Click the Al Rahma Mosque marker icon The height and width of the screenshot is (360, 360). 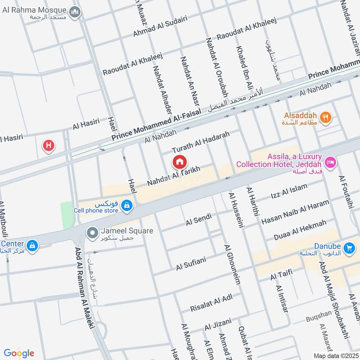(x=76, y=12)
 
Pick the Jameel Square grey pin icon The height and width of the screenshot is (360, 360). (x=93, y=233)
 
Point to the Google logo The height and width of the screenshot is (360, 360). (x=19, y=353)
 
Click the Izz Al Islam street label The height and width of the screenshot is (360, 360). (x=289, y=191)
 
